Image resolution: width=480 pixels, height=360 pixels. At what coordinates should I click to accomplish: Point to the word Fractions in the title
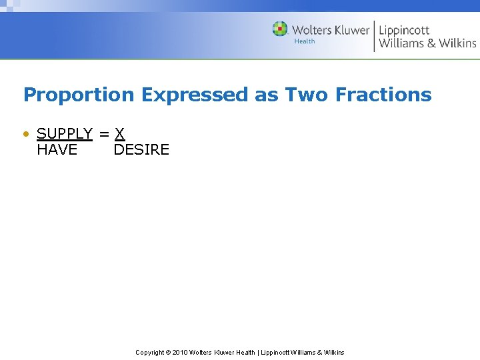[x=383, y=95]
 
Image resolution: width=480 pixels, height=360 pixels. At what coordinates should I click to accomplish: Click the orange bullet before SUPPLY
[x=26, y=134]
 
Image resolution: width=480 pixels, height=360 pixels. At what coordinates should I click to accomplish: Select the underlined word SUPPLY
[x=64, y=134]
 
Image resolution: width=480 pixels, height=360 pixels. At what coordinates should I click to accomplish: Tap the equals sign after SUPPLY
[x=103, y=134]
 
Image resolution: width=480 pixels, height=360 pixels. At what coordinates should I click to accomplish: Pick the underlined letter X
[x=119, y=134]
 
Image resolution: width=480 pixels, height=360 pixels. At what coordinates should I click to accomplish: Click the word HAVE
[x=57, y=150]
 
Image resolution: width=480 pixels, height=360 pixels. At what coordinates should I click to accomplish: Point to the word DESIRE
[x=141, y=150]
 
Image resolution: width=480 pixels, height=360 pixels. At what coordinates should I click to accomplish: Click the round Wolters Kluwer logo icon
[x=280, y=29]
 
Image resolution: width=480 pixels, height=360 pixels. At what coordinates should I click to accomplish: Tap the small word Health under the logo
[x=305, y=41]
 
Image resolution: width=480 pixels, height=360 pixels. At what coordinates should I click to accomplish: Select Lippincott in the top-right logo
[x=404, y=30]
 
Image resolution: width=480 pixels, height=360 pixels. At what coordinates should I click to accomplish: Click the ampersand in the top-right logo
[x=432, y=43]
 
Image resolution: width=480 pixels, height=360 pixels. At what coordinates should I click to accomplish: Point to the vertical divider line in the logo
[x=374, y=35]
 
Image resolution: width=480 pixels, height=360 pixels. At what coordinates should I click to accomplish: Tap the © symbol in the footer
[x=168, y=352]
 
